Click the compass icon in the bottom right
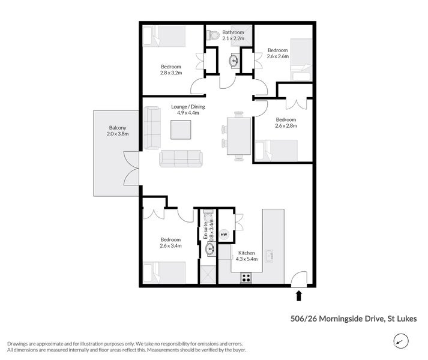click(x=399, y=341)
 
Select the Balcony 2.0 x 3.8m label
click(x=118, y=131)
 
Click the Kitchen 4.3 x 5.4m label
click(x=247, y=256)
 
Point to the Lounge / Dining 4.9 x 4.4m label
click(x=191, y=110)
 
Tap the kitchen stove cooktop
click(x=246, y=277)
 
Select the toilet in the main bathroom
click(x=212, y=35)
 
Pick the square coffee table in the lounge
click(x=181, y=130)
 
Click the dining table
click(x=239, y=136)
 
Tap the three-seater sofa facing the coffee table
click(x=181, y=158)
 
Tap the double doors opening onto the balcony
click(x=132, y=169)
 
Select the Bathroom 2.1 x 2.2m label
click(x=233, y=35)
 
